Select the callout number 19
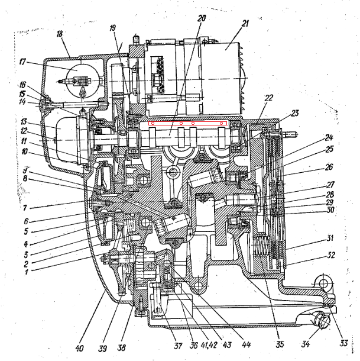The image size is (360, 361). pyautogui.click(x=113, y=27)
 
